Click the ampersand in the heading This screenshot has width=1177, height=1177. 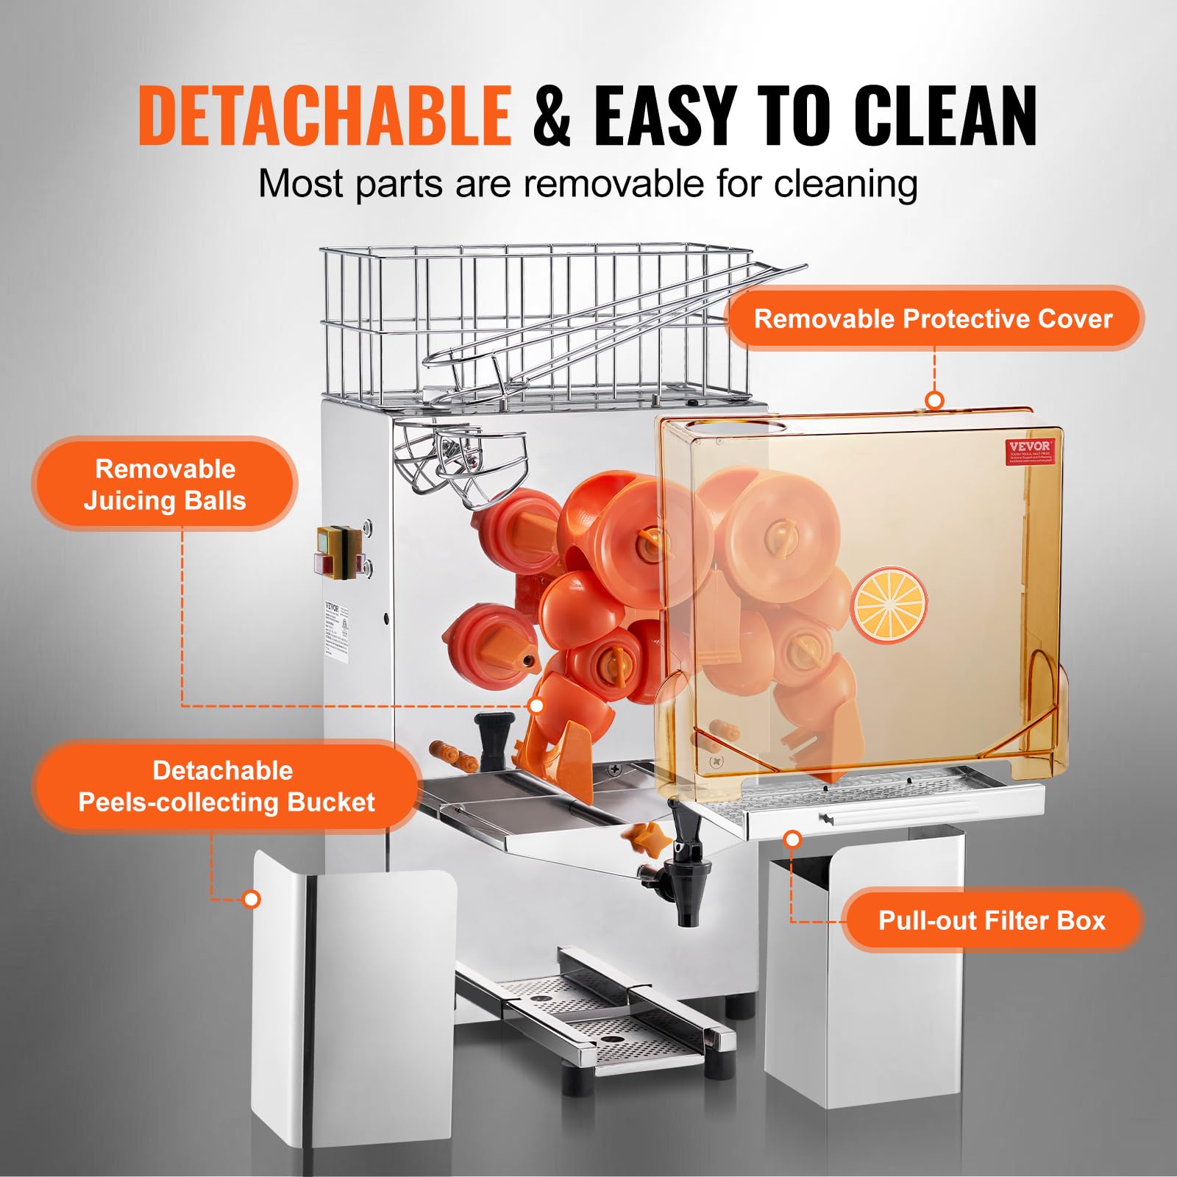coord(552,116)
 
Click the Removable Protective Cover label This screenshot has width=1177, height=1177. coord(933,319)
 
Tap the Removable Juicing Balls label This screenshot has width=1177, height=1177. coord(165,485)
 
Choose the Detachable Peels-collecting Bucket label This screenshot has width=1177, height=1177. coord(226,786)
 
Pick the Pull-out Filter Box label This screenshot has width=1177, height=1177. coord(992,920)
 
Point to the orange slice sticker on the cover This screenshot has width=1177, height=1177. coord(889,605)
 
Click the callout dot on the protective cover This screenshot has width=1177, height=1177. coord(934,400)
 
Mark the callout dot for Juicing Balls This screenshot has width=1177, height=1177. coord(537,705)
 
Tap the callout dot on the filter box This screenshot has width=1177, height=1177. coord(792,839)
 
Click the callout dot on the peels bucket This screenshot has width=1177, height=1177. coord(252,899)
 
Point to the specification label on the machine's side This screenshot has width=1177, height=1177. coord(338,629)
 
